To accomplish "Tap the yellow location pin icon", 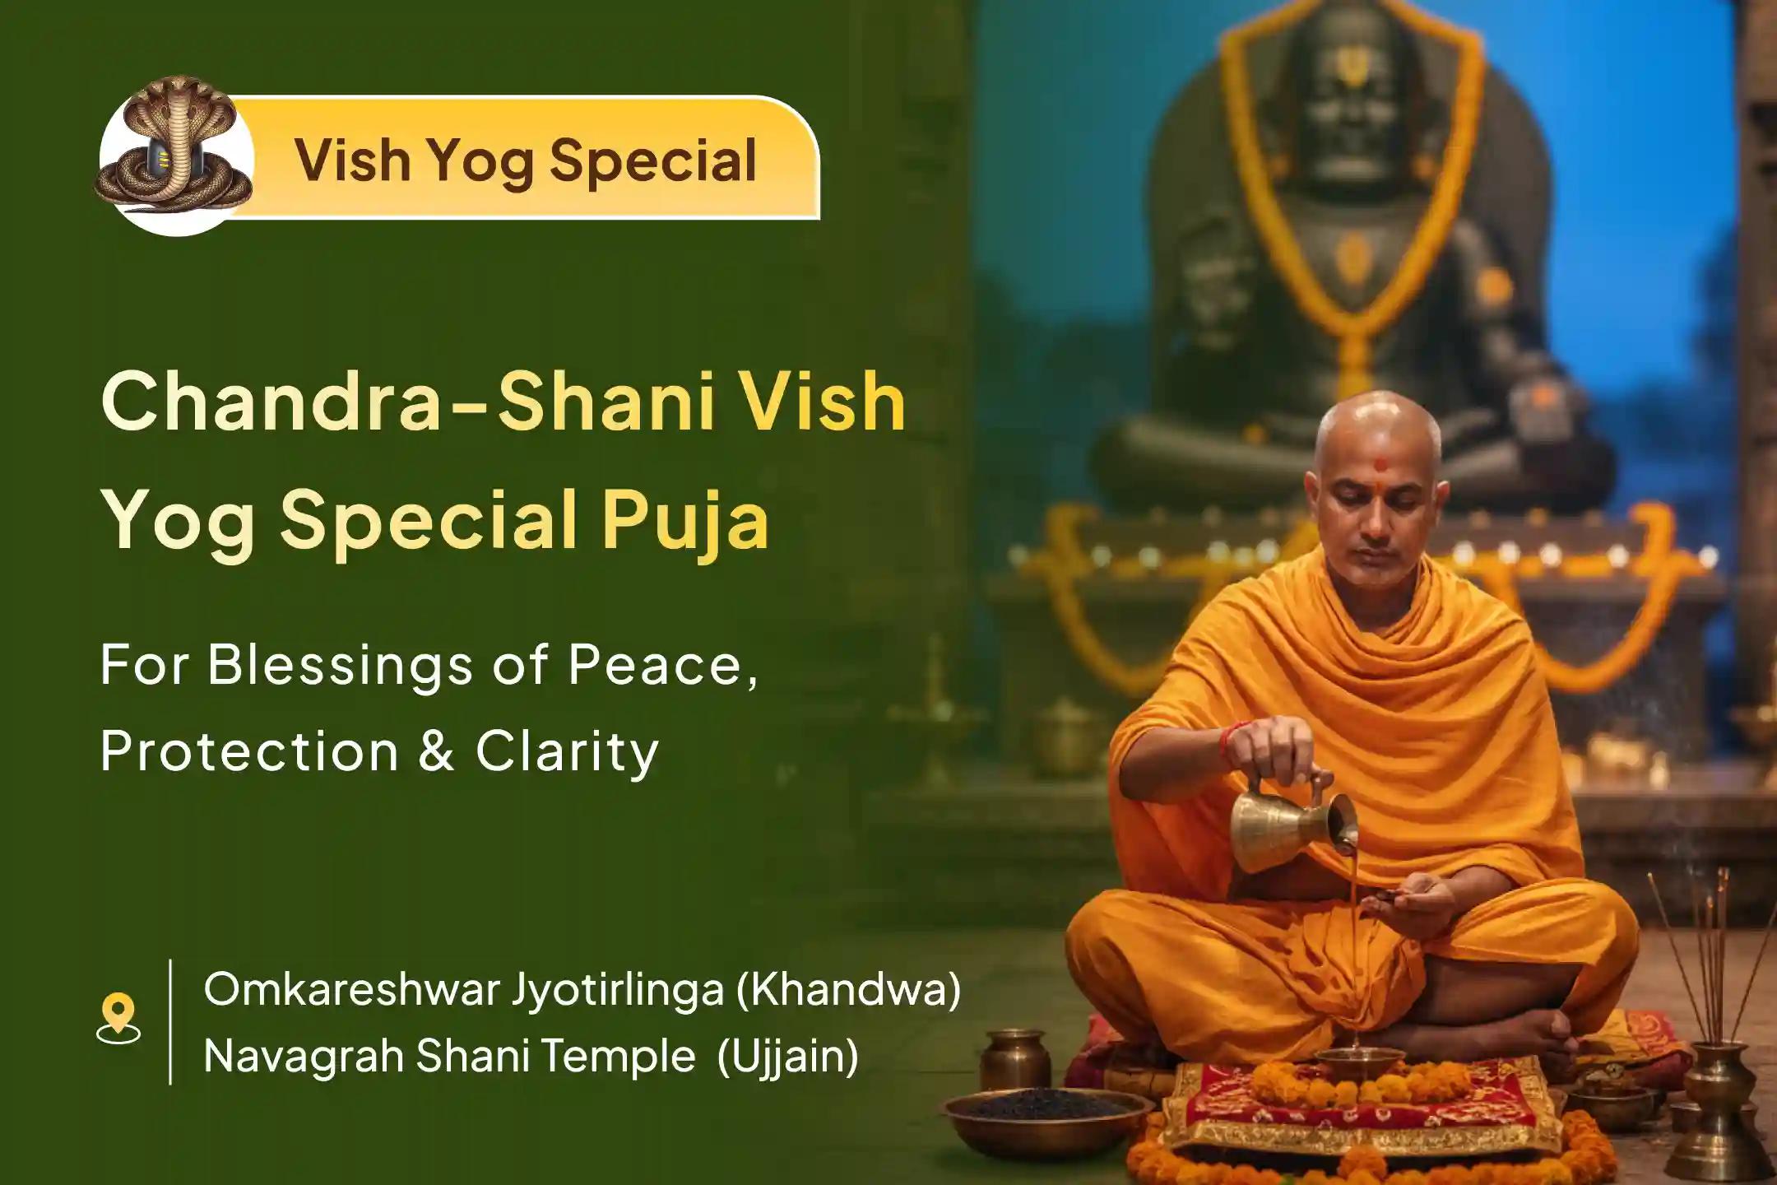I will pos(118,1018).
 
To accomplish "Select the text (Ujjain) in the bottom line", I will pos(787,1056).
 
